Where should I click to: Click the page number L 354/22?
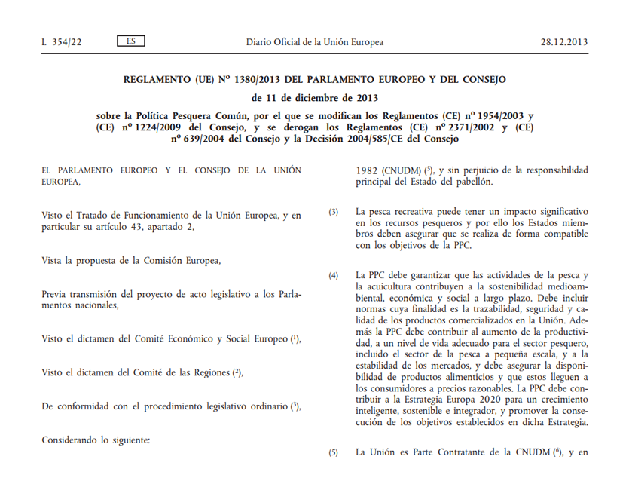(x=62, y=42)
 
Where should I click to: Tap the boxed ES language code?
(x=131, y=41)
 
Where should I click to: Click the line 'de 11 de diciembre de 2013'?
(x=315, y=98)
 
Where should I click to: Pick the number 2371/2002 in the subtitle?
(x=456, y=127)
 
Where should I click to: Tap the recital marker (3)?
(x=334, y=212)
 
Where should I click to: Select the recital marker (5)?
(x=334, y=453)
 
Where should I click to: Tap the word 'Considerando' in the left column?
(x=72, y=439)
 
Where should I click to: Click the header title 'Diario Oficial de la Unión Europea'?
(x=315, y=42)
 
